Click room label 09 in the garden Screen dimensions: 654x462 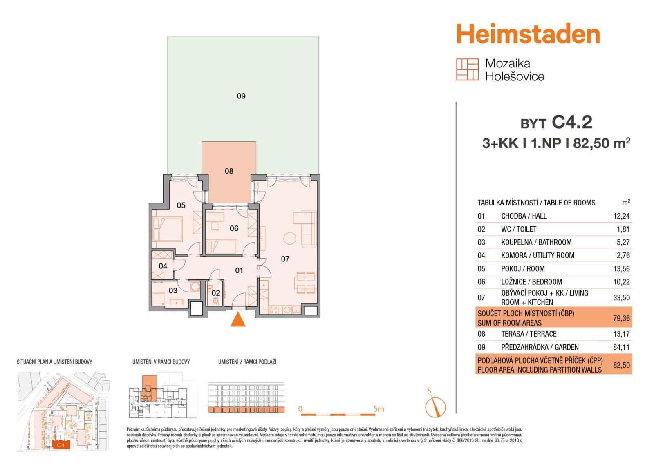(241, 96)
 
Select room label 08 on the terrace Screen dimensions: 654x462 (229, 171)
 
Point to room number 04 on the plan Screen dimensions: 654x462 (163, 266)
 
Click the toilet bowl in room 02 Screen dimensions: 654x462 (215, 301)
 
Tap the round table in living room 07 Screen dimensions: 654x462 (290, 238)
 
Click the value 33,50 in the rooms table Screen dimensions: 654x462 (621, 298)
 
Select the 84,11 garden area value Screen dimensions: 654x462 (621, 347)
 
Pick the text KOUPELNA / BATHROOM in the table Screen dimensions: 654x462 (536, 242)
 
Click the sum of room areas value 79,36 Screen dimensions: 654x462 (621, 318)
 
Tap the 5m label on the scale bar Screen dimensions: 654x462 (379, 409)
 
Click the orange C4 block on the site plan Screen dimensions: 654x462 (61, 445)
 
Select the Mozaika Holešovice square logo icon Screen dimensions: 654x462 (468, 69)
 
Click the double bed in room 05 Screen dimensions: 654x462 (168, 229)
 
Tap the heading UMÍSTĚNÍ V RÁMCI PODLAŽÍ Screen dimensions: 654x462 (247, 362)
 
